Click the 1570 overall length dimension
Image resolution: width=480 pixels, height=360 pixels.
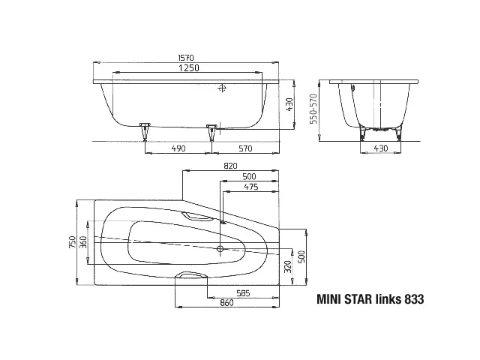coord(186,58)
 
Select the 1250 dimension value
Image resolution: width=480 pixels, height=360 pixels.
coord(189,67)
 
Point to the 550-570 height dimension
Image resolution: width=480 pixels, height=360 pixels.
coord(313,109)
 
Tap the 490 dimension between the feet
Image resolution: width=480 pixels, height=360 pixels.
coord(178,148)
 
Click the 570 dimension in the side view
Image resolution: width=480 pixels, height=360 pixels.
coord(245,148)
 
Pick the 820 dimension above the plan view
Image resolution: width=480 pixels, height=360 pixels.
coord(230,166)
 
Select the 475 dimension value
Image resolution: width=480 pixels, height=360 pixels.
coord(251,187)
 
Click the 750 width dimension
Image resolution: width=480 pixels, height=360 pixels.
coord(72,242)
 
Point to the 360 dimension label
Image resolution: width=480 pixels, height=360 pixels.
coord(83,242)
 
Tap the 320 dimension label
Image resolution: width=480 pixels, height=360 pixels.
coord(287,267)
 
